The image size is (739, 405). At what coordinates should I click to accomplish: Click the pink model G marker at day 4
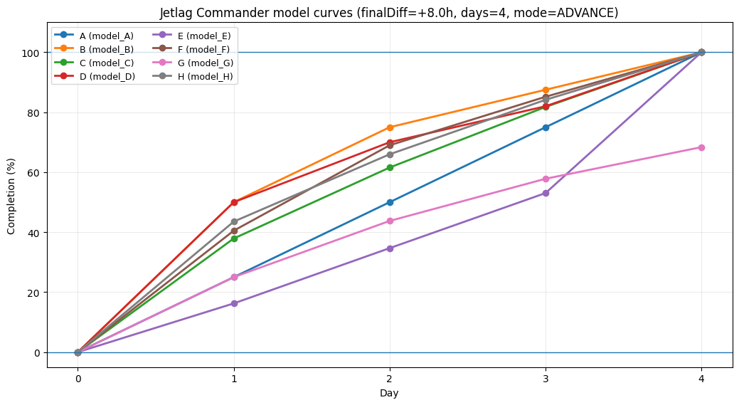pos(701,147)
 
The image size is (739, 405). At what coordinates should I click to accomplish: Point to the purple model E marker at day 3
pos(546,193)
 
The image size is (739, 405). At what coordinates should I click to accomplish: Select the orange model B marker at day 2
pos(390,127)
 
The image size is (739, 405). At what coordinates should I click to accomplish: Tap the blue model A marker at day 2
pos(390,202)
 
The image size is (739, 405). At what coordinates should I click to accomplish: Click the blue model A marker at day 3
pos(546,127)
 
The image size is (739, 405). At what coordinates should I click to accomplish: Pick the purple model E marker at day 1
pos(234,303)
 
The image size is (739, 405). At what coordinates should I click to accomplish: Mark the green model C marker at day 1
pos(234,238)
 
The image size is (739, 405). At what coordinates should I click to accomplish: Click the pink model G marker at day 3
pos(546,179)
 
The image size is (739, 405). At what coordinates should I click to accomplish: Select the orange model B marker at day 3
pos(546,90)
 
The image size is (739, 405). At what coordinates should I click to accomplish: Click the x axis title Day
pos(389,393)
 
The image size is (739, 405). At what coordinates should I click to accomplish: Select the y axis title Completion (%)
pos(11,195)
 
